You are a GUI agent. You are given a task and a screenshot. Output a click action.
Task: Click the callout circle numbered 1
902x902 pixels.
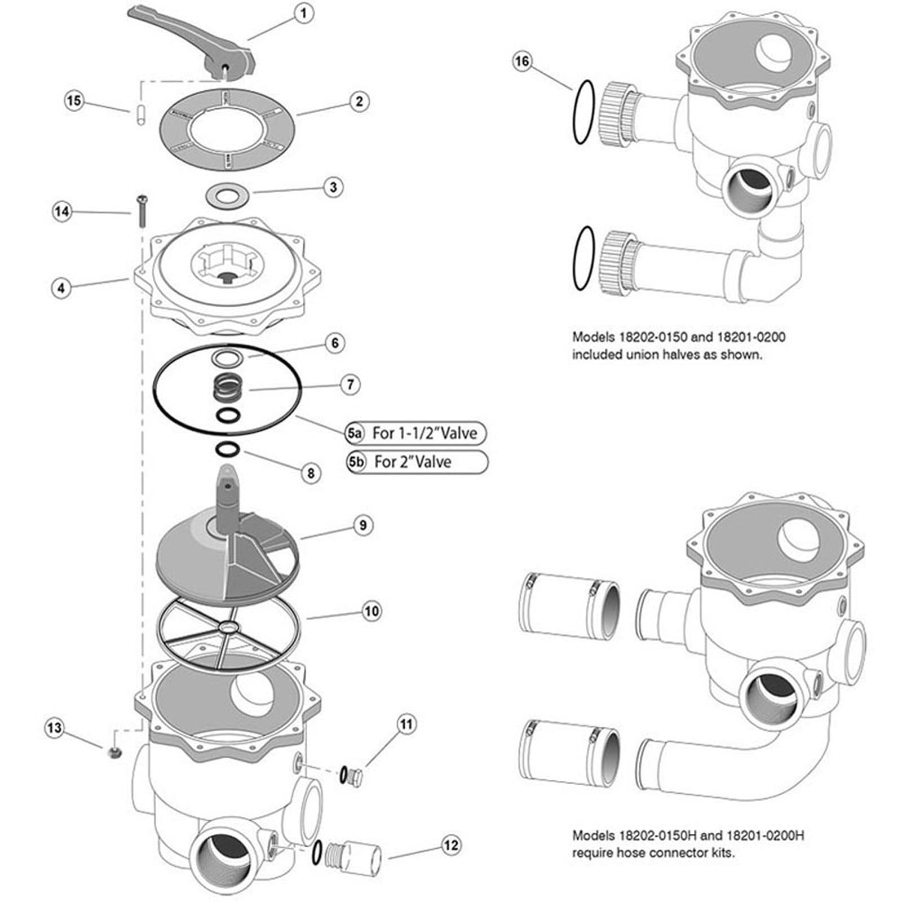click(304, 13)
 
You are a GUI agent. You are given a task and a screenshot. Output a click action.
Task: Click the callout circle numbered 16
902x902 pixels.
click(522, 61)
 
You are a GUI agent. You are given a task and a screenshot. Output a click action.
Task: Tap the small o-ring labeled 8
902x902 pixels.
click(228, 450)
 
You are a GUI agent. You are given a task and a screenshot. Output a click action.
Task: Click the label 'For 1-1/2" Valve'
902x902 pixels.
click(424, 433)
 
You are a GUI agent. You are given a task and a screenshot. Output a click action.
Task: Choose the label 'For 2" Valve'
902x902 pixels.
click(413, 462)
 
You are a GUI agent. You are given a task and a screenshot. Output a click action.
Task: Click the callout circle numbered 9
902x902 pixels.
click(362, 525)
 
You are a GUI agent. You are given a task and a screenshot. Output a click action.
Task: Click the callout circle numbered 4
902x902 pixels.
click(61, 288)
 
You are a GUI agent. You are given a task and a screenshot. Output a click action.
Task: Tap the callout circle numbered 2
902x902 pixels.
click(359, 102)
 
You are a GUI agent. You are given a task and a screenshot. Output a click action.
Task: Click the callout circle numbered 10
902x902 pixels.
click(371, 611)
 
